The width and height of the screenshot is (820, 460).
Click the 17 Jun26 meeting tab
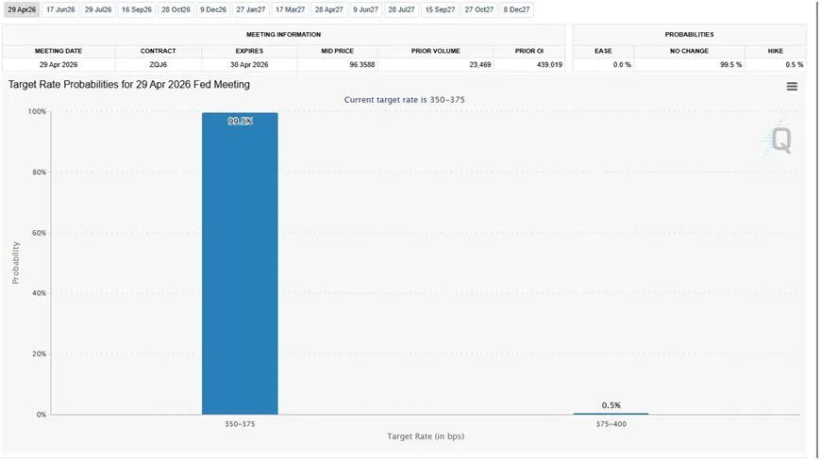60,9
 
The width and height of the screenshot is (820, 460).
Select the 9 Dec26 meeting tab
213,9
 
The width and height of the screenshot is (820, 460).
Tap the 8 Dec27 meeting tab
516,9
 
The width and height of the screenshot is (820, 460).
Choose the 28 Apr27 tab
328,9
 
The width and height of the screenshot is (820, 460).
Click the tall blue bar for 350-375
240,264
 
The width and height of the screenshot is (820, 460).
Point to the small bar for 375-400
611,413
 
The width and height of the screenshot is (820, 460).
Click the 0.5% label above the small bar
611,405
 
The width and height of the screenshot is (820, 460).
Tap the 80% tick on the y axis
39,172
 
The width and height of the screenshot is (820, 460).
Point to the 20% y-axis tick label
39,353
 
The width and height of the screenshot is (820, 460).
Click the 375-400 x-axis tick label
611,424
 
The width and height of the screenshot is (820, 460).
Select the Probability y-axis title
15,262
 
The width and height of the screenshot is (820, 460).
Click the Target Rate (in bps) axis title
425,436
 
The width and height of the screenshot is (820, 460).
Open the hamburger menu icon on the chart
792,87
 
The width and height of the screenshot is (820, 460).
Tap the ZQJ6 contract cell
159,64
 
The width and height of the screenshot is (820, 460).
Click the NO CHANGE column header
689,50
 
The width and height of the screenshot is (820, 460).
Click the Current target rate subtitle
404,99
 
